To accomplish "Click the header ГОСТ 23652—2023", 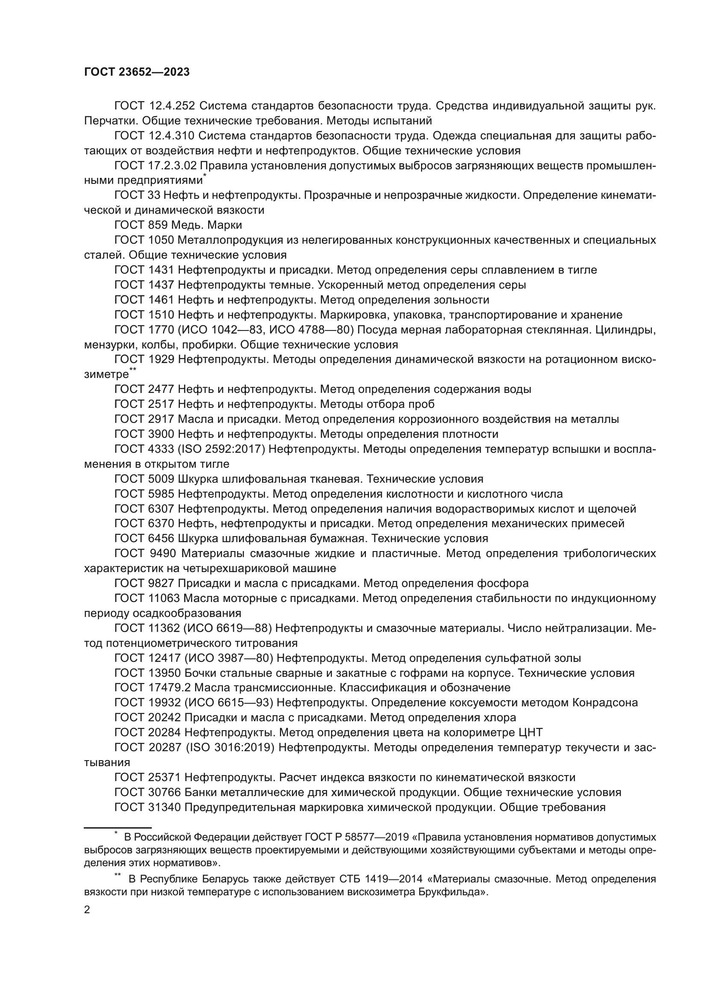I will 137,72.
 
